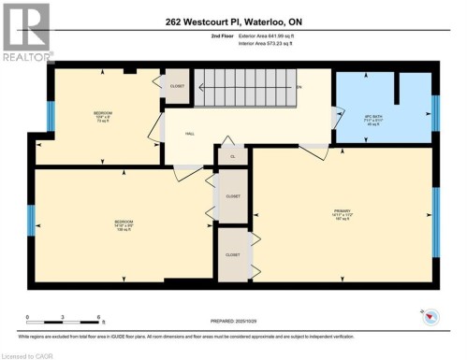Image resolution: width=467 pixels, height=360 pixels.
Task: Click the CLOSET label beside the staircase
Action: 178,86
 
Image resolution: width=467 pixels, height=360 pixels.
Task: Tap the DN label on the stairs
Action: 299,87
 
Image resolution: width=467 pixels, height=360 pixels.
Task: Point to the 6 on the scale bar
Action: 98,319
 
